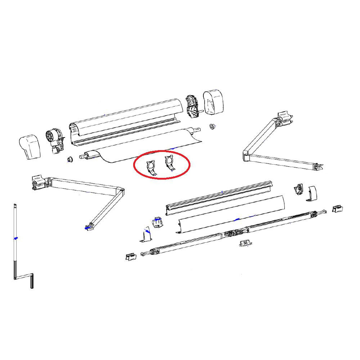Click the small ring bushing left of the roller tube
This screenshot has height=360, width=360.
coord(69,159)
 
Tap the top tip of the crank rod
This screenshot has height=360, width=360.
coord(14,206)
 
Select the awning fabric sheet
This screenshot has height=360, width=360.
coord(144,148)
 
